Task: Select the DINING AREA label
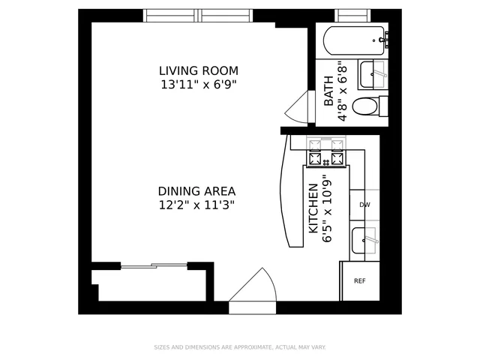pos(197,190)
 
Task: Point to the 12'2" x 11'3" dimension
pos(197,205)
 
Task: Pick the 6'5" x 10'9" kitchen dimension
pos(327,208)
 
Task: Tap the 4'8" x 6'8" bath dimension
pos(343,91)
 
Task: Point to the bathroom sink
pos(373,73)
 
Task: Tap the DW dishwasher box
pos(364,205)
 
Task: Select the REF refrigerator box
pos(359,280)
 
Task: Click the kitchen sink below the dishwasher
pos(365,241)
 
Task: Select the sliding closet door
pos(153,265)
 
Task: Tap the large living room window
pos(199,15)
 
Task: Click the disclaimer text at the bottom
pos(240,347)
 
